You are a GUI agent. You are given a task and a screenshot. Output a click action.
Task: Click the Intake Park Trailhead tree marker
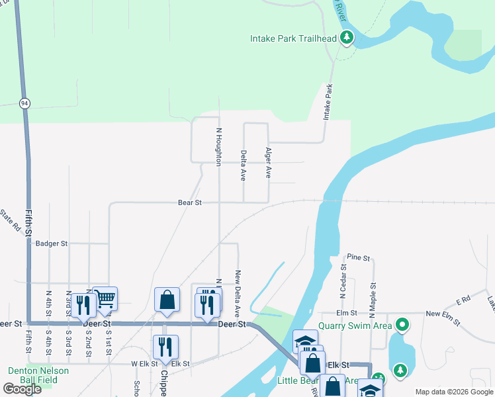[346, 38]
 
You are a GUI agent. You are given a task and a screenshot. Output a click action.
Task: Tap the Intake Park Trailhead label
[293, 39]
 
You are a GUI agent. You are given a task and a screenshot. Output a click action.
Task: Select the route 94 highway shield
[24, 103]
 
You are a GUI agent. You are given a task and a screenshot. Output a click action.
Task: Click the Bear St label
[190, 202]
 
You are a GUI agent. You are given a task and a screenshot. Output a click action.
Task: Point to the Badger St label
[52, 243]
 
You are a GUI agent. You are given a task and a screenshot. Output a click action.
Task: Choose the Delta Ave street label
[243, 165]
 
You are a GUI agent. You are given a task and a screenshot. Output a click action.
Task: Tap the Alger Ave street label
[268, 163]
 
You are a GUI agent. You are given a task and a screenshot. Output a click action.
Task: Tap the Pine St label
[358, 257]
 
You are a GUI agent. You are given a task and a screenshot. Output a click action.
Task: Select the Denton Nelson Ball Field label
[38, 375]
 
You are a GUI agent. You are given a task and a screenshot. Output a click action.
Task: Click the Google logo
[22, 389]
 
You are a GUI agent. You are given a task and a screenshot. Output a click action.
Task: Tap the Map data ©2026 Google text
[453, 392]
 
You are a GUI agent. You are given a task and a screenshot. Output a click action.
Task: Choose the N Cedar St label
[343, 285]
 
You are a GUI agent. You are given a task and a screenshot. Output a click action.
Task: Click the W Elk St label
[143, 363]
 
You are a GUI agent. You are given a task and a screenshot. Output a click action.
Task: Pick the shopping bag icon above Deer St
[167, 299]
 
